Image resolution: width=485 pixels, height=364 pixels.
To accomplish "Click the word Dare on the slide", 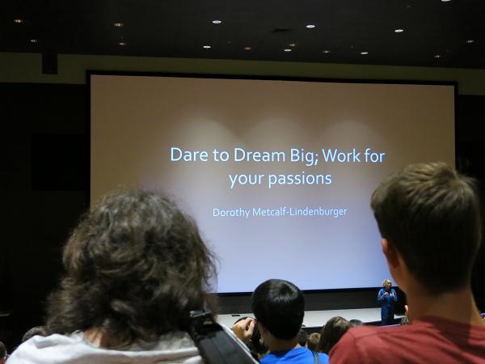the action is click(x=189, y=154).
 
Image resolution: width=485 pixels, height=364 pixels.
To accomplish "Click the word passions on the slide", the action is click(x=300, y=179).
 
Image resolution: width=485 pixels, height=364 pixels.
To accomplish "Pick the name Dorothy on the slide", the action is click(x=231, y=213).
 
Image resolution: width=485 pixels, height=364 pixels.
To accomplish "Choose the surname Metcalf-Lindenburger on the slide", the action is click(x=299, y=212).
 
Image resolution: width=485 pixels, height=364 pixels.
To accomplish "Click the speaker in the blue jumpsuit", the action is click(x=386, y=302).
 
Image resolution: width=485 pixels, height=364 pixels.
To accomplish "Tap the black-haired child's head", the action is click(x=278, y=310).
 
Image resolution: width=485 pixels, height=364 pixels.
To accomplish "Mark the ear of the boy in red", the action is click(x=387, y=254).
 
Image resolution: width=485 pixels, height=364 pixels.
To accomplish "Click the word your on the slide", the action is click(x=247, y=180).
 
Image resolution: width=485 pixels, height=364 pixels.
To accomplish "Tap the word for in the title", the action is click(x=374, y=154).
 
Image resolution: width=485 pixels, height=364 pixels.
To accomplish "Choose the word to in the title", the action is click(x=221, y=155).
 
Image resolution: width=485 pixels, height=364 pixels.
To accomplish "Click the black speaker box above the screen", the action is click(x=50, y=64).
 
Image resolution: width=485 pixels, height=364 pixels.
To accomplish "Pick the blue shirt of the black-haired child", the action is click(x=294, y=356).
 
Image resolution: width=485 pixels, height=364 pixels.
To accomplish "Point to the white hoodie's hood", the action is click(x=102, y=348).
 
